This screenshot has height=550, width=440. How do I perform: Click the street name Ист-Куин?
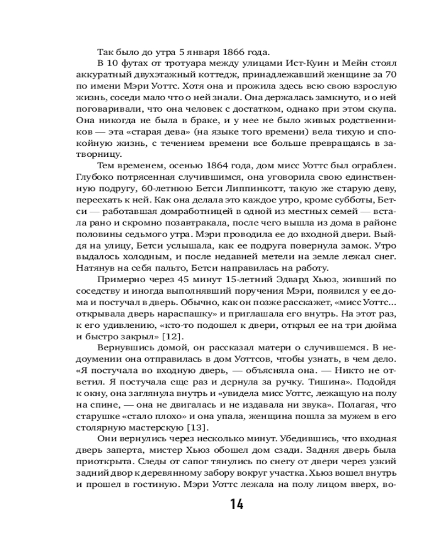[x=282, y=66]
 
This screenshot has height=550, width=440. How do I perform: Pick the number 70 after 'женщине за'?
[x=383, y=79]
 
